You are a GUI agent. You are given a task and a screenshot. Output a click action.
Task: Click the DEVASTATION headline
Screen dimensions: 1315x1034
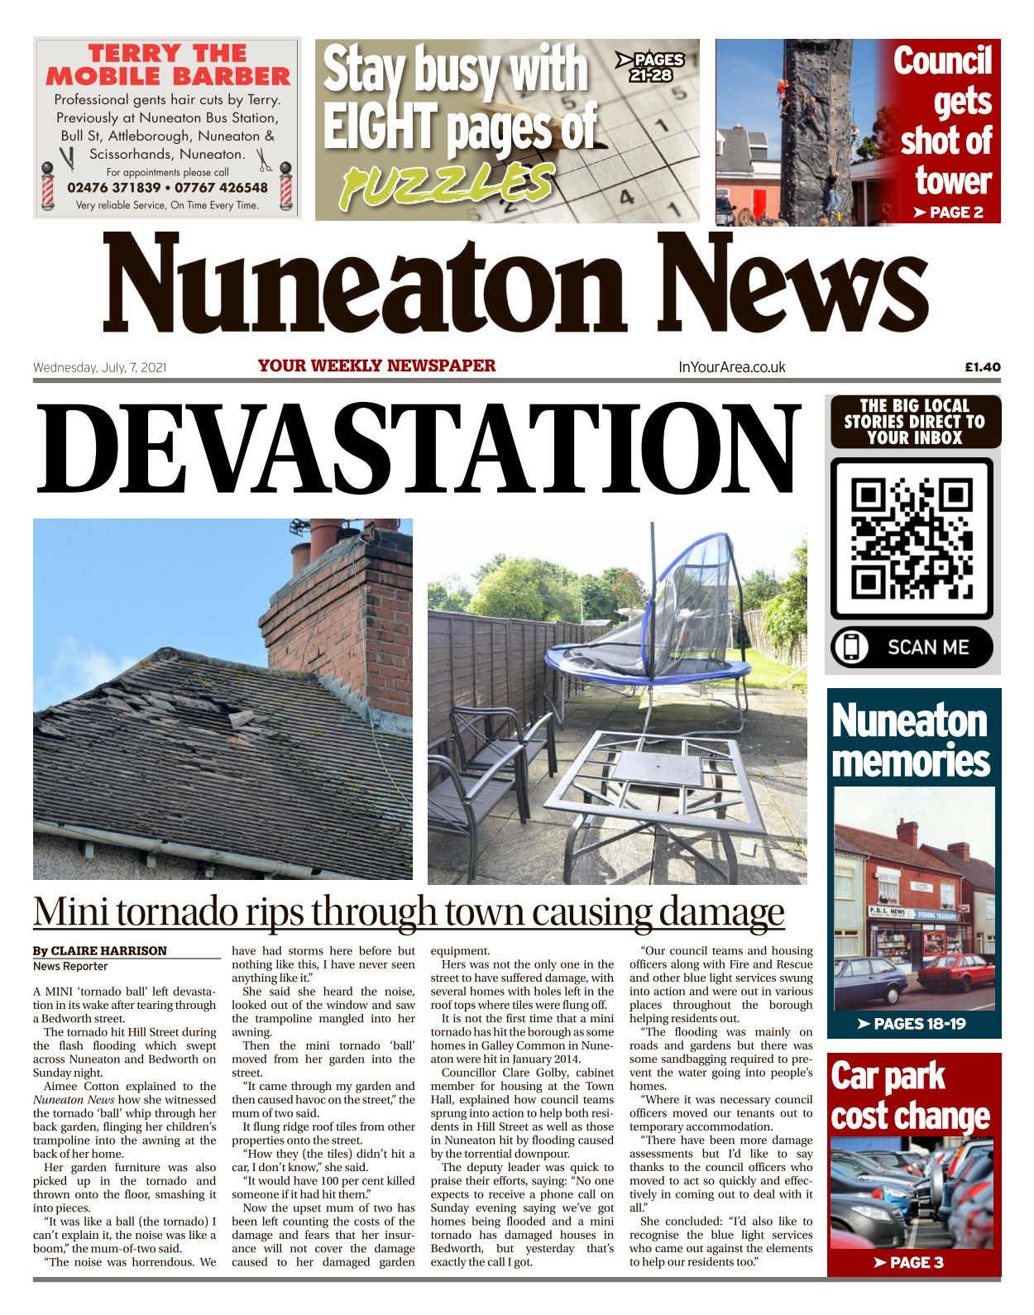tap(418, 450)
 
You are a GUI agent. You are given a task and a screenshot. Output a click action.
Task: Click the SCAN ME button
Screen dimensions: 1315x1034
tap(912, 647)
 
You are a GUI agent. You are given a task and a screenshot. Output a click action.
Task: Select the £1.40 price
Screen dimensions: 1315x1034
tap(982, 367)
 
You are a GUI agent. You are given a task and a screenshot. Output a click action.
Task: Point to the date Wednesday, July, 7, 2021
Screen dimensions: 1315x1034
tap(100, 367)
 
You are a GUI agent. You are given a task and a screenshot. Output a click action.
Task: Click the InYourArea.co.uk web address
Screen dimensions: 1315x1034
tap(731, 367)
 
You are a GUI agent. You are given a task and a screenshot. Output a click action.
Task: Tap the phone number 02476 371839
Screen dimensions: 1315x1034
tap(114, 188)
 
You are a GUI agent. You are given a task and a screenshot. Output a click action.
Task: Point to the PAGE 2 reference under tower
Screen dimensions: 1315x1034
tap(948, 213)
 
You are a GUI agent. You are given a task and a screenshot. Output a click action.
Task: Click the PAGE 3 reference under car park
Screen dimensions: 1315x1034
tap(915, 1262)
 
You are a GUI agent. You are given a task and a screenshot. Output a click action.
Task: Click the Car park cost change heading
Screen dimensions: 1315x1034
tap(911, 1096)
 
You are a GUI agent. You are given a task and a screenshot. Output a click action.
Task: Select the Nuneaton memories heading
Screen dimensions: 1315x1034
tap(911, 740)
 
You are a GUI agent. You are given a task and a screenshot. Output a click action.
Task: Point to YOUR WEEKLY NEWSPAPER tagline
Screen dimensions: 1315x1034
tap(376, 366)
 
